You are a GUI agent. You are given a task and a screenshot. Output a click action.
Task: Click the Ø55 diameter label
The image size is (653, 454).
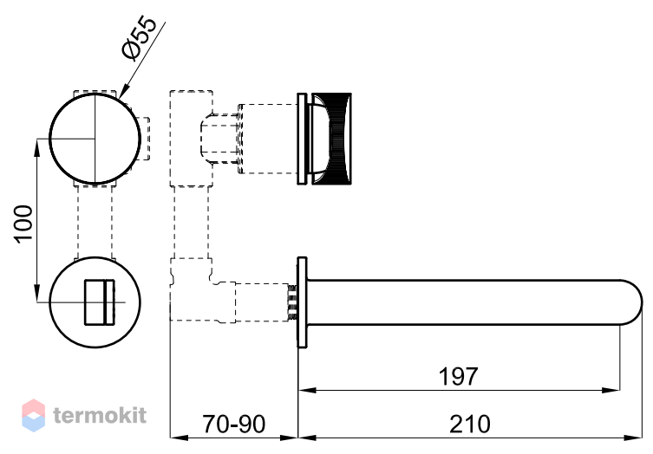140,38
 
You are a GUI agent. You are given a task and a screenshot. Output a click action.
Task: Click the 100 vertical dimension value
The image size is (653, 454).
23,223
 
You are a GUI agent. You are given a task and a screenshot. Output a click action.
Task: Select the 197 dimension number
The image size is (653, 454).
458,376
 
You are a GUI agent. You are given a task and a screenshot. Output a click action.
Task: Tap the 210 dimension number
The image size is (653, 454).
470,424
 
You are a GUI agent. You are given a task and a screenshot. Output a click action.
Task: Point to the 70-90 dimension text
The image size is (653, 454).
233,424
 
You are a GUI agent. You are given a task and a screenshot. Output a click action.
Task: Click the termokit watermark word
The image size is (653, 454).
100,415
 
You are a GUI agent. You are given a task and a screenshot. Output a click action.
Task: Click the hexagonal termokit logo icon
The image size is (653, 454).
33,415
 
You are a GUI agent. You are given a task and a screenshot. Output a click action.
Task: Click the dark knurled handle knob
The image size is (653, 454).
332,138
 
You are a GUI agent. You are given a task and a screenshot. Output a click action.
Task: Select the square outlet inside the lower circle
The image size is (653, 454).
100,302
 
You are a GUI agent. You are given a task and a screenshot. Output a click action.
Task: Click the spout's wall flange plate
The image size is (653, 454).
302,302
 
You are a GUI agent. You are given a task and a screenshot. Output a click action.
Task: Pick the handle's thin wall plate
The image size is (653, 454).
302,138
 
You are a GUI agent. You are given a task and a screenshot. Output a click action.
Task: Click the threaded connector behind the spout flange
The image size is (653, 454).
292,302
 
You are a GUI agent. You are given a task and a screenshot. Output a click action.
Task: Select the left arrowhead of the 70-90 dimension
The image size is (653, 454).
179,438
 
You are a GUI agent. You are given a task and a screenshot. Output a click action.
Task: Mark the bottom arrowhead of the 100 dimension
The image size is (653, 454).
37,293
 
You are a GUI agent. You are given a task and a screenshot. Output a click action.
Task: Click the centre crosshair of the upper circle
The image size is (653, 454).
95,138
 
